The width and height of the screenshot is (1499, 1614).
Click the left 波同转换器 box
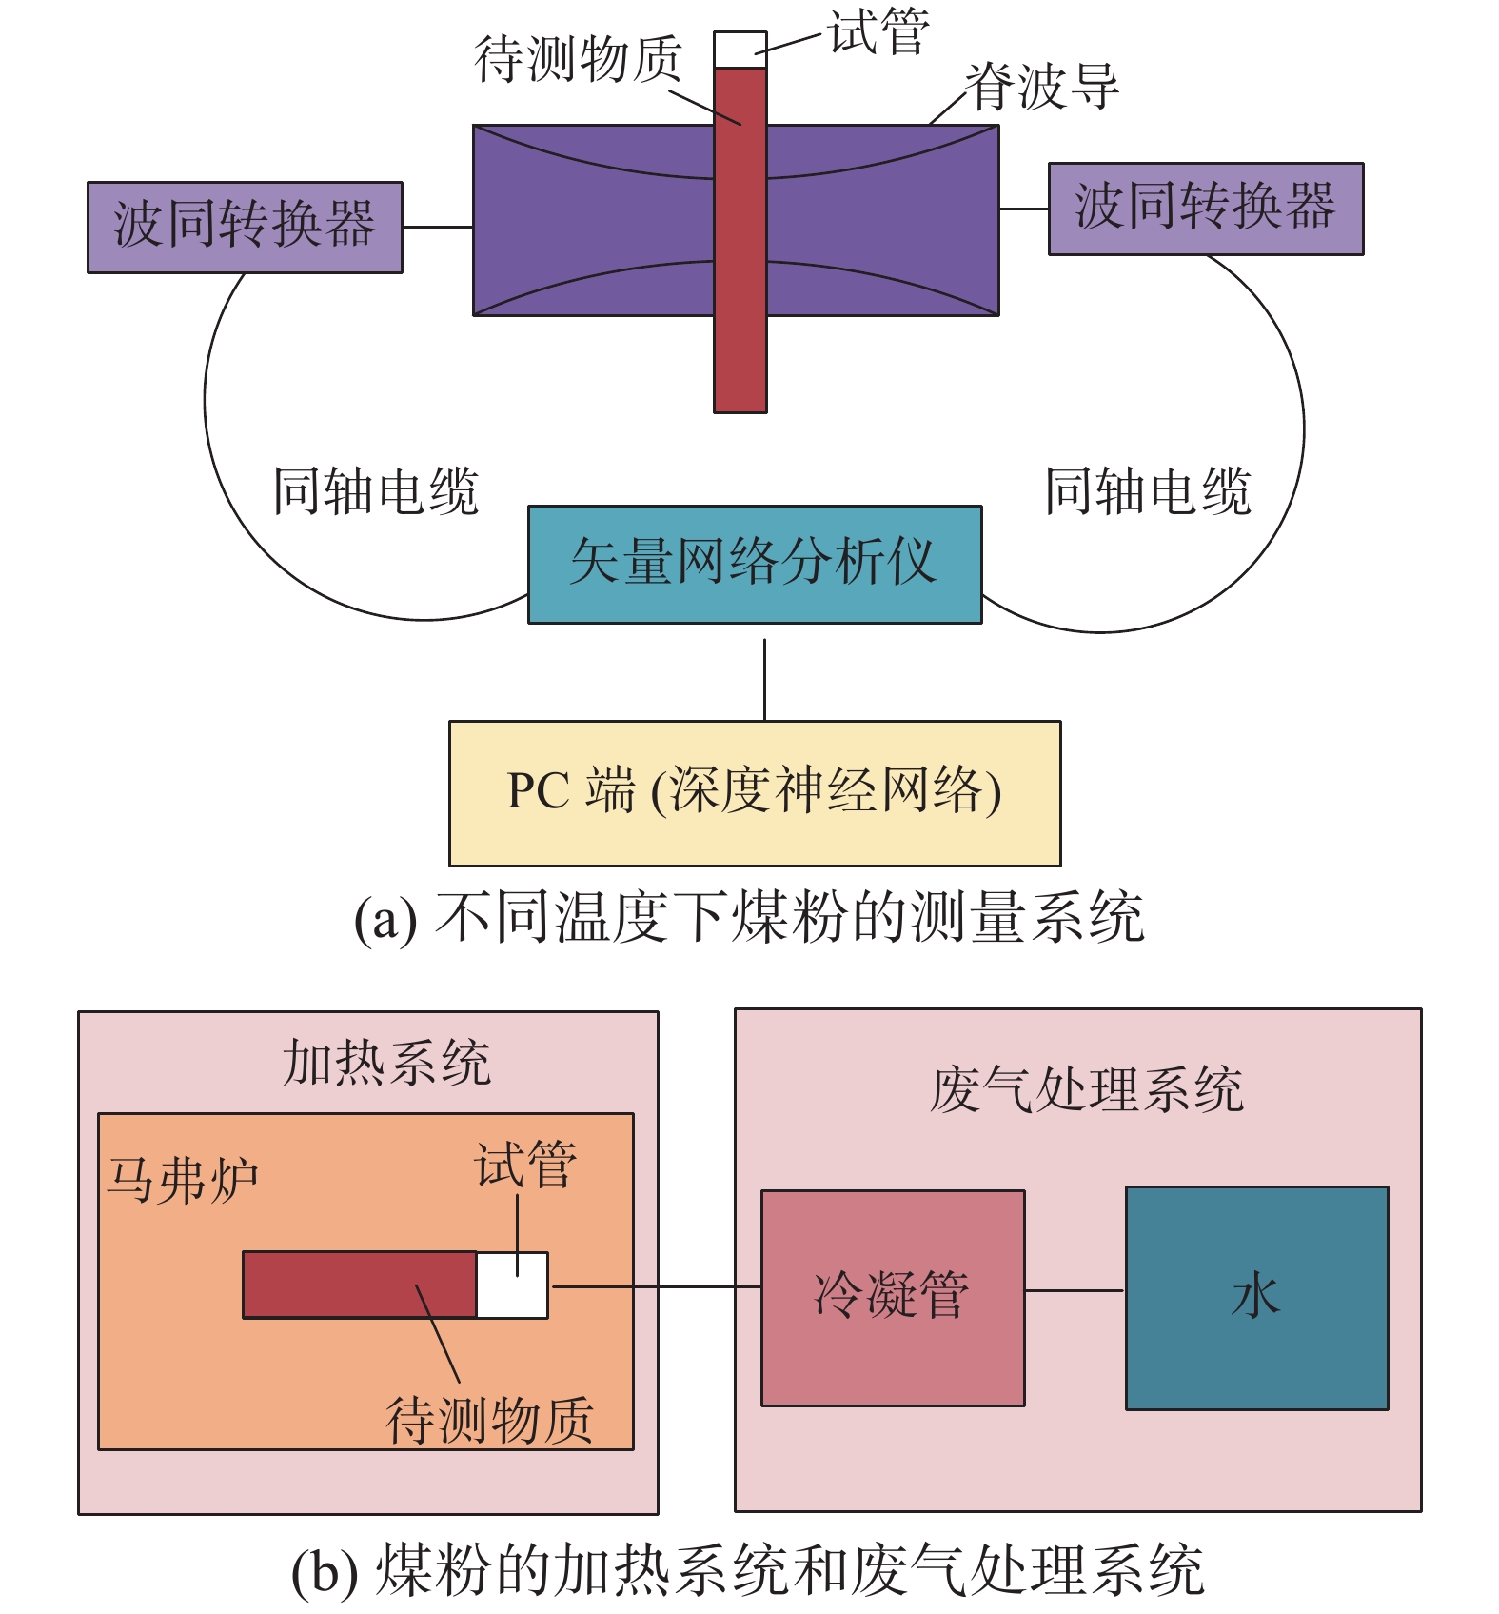tap(245, 227)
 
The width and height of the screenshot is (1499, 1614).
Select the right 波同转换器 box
tap(1205, 209)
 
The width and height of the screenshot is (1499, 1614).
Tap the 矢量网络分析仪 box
tap(754, 564)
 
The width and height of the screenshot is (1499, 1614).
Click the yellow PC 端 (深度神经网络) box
tap(754, 792)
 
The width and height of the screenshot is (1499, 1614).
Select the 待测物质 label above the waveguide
tap(578, 59)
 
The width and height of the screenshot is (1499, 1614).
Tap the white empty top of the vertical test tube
tap(740, 50)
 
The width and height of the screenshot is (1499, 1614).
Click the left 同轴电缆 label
tap(375, 491)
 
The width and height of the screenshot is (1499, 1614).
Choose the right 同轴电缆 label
tap(1147, 491)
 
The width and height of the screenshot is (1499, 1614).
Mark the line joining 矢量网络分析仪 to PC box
tap(764, 678)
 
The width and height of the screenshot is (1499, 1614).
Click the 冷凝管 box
tap(893, 1297)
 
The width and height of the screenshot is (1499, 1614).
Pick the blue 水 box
tap(1256, 1297)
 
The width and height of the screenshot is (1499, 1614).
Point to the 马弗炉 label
tap(182, 1181)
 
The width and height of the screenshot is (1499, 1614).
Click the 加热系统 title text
tap(386, 1063)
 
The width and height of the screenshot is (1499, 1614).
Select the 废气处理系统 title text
tap(1086, 1089)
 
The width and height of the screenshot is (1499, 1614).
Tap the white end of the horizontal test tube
tap(512, 1285)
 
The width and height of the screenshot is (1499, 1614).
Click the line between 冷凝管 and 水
tap(1075, 1290)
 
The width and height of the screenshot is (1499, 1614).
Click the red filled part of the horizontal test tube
tap(359, 1285)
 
